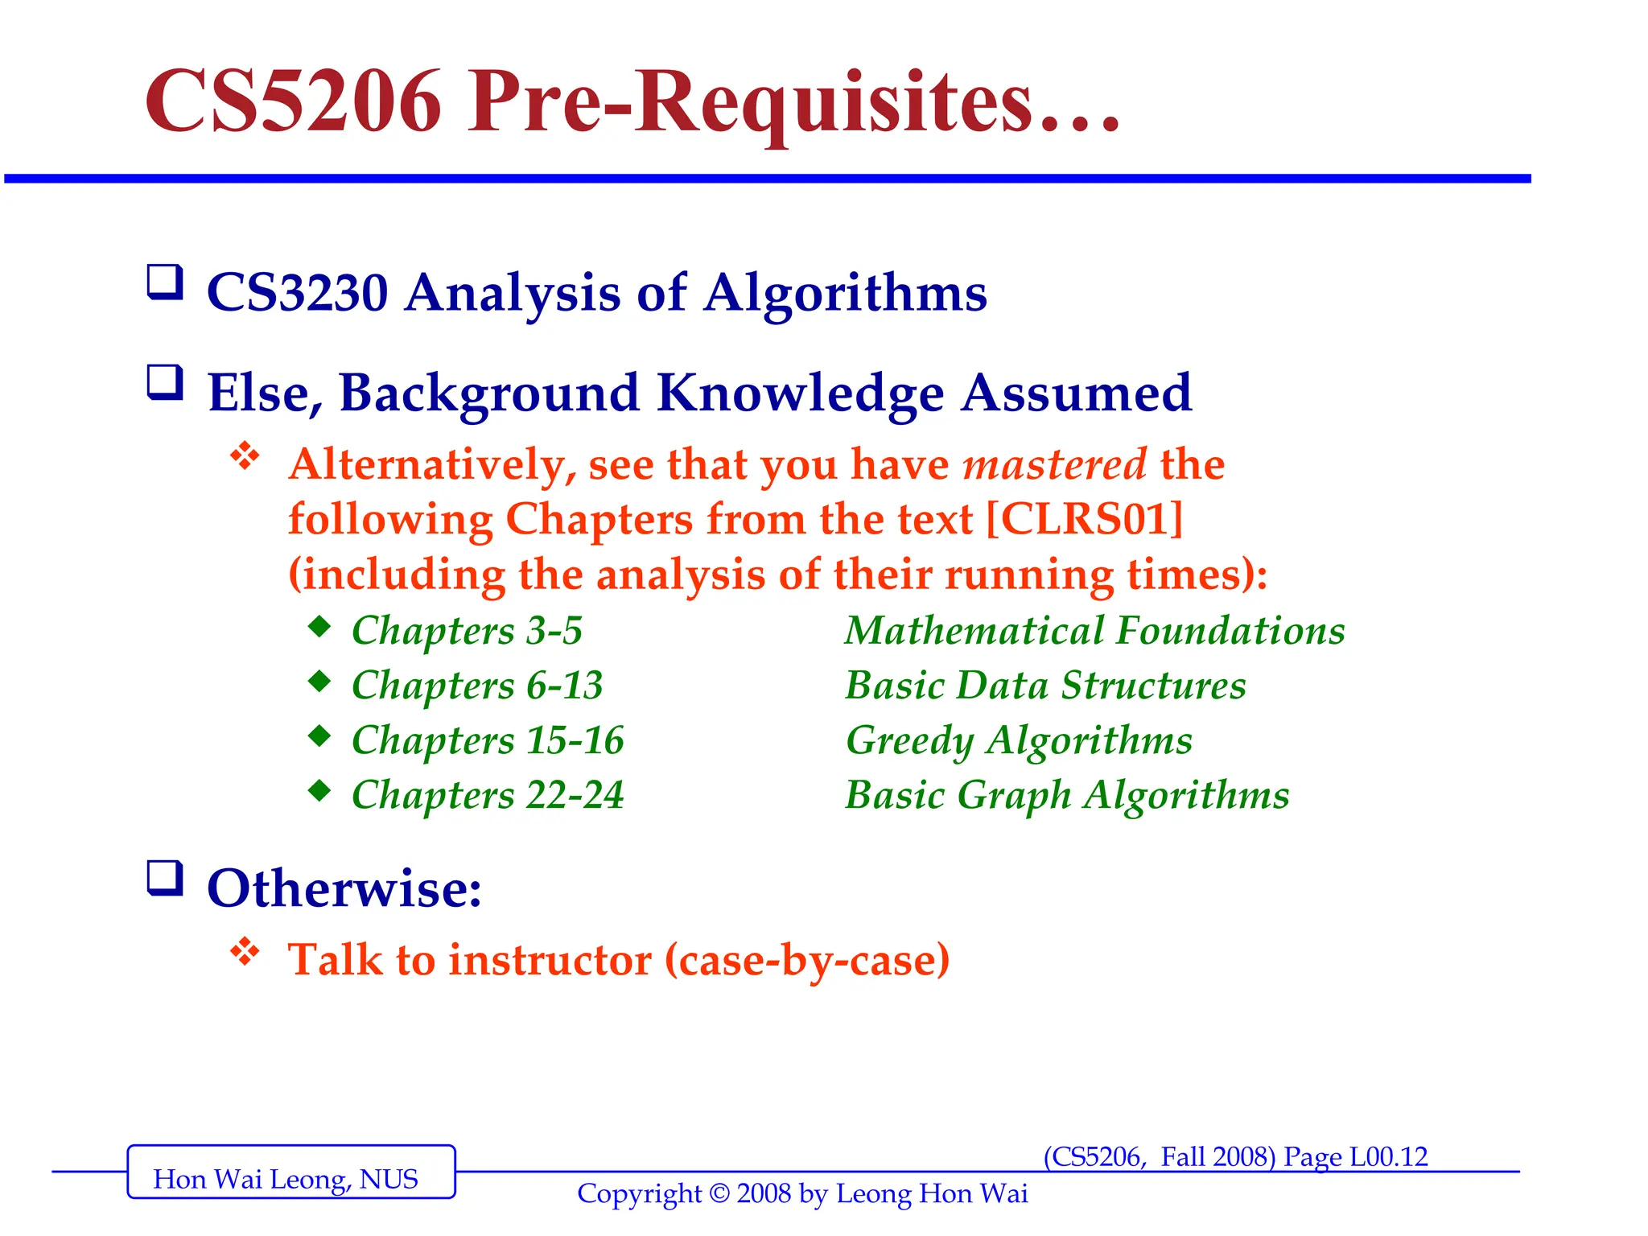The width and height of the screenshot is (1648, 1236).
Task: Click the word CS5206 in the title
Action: tap(294, 102)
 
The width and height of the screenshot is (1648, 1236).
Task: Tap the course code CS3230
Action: tap(298, 292)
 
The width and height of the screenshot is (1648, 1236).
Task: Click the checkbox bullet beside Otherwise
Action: tap(165, 878)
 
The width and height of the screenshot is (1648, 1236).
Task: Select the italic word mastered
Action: tap(1054, 464)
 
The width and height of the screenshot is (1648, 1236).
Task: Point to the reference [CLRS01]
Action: tap(1085, 519)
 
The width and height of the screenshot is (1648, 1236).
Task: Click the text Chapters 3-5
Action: tap(467, 631)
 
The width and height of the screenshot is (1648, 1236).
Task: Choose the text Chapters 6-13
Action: tap(477, 686)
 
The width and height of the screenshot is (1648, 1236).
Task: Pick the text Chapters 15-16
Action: tap(488, 740)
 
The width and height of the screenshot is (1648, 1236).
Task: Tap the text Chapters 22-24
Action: tap(488, 795)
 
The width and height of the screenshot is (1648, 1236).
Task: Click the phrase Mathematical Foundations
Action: tap(1094, 631)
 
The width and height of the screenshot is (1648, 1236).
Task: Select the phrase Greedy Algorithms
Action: tap(1019, 740)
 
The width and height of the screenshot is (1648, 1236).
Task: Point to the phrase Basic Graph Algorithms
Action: tap(1067, 795)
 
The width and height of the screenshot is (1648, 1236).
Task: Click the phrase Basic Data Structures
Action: tap(1045, 686)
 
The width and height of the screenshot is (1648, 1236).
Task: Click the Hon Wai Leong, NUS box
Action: tap(290, 1172)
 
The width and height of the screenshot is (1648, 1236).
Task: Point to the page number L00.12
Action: tap(1388, 1157)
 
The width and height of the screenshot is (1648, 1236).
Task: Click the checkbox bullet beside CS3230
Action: tap(165, 282)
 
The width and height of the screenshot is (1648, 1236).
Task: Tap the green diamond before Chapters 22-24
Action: tap(319, 790)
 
